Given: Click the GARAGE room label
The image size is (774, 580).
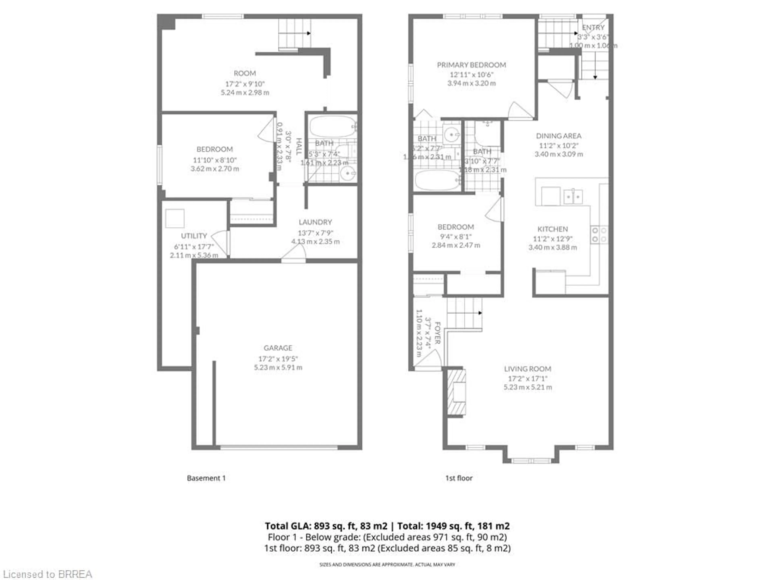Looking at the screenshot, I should click(x=278, y=348).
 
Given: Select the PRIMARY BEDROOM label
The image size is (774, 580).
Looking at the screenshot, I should click(x=471, y=65).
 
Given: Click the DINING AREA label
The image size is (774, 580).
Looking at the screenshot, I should click(x=559, y=136).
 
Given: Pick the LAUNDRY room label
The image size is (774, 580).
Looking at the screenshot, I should click(x=315, y=222).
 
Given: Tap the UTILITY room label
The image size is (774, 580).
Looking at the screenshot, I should click(x=194, y=236).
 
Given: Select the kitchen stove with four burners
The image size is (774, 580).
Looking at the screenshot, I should click(x=599, y=235).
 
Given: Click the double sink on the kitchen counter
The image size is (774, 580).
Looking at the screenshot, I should click(x=573, y=197).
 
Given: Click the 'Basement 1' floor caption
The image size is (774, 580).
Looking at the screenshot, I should click(x=206, y=478).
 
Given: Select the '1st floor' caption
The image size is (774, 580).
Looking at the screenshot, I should click(x=459, y=478).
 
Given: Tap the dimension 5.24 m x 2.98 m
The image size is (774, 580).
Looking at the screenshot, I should click(x=245, y=93).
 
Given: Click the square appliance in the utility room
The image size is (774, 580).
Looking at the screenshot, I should click(x=175, y=219).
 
